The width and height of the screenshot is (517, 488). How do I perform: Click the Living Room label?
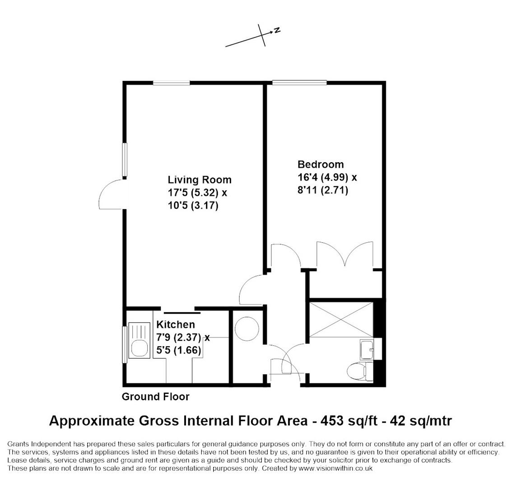(x=200, y=180)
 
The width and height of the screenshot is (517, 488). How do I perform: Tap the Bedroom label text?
(x=321, y=164)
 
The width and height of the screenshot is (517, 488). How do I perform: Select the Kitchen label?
(x=175, y=324)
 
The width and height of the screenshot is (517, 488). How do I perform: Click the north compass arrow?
(x=253, y=36)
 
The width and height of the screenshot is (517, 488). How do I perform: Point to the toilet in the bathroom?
(x=360, y=371)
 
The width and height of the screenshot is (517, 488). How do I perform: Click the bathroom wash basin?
(x=367, y=349)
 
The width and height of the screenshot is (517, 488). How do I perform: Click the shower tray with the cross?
(x=341, y=319)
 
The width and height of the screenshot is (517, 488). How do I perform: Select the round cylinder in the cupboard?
(x=247, y=329)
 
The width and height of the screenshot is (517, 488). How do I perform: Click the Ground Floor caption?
(x=156, y=396)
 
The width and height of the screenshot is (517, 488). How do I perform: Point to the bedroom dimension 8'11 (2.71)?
(x=323, y=190)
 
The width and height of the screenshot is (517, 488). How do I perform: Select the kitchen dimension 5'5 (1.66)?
(x=179, y=350)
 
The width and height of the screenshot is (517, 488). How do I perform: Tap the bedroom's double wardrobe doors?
(x=345, y=254)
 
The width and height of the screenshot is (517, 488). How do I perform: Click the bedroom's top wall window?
(x=299, y=83)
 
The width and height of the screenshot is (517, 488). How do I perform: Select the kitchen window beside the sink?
(x=125, y=344)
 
